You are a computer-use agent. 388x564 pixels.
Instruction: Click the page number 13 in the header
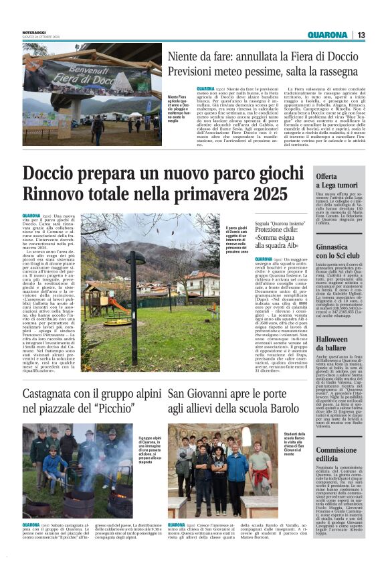361,35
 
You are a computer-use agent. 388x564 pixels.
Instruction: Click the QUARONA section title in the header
328,35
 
